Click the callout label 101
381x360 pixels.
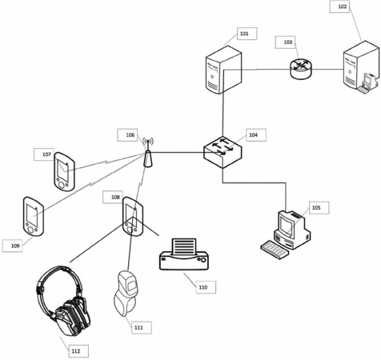tap(247, 34)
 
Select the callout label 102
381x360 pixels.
tap(339, 6)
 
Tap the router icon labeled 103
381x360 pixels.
tap(301, 69)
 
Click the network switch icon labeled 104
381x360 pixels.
tap(223, 152)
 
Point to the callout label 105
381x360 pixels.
tap(319, 208)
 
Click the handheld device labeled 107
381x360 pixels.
tap(64, 172)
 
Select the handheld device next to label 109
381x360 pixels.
tap(33, 217)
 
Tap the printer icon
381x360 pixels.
tap(184, 254)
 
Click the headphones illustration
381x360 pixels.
tap(63, 301)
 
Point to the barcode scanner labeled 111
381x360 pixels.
tap(126, 294)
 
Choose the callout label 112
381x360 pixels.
tap(78, 351)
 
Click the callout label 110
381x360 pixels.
tap(206, 287)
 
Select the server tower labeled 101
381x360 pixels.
tap(223, 70)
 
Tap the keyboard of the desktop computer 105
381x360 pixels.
tap(275, 250)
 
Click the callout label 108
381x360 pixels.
tap(113, 198)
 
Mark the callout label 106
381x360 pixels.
tap(127, 135)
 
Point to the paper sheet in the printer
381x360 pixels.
tap(184, 246)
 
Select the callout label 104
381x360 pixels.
tap(256, 135)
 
